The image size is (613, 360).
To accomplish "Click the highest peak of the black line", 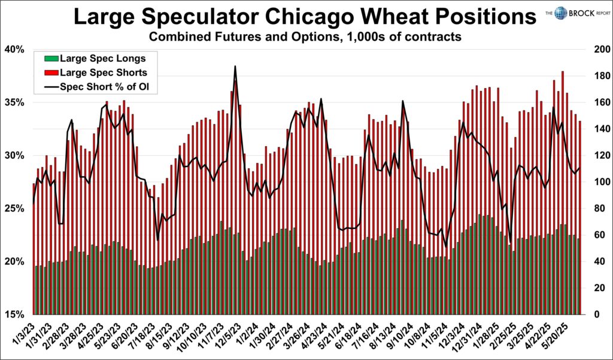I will (x=235, y=66).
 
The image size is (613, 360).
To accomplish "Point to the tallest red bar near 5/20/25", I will (x=563, y=72).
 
